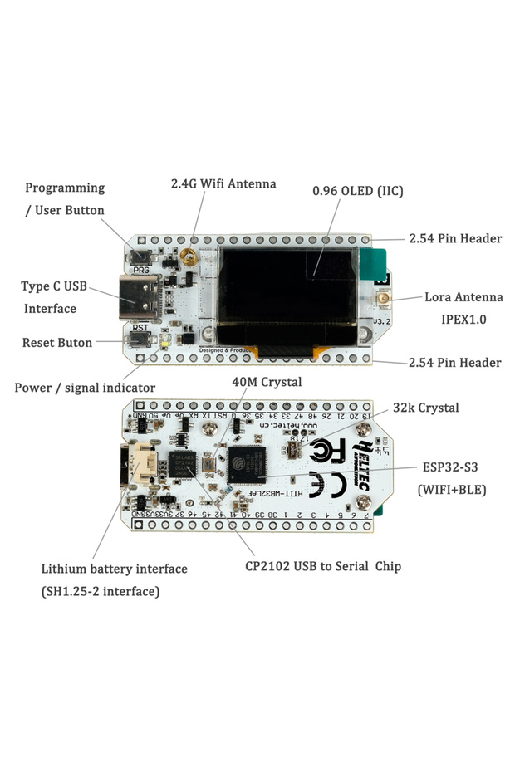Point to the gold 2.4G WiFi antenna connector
point(190,258)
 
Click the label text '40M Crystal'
point(267,382)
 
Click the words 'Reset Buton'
point(57,342)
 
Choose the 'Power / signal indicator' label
point(85,388)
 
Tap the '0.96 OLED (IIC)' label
point(358,191)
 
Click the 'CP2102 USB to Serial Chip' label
point(323,566)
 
